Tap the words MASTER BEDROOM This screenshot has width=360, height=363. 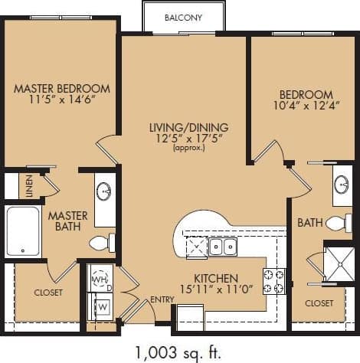click(x=62, y=88)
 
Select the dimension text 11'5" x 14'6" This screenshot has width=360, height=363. click(x=62, y=100)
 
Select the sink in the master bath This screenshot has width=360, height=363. click(x=105, y=190)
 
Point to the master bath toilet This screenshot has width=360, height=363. click(x=102, y=244)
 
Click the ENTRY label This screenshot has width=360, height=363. click(x=162, y=299)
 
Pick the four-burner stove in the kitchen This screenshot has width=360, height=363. click(x=274, y=281)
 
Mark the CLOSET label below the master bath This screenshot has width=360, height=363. click(x=48, y=292)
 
